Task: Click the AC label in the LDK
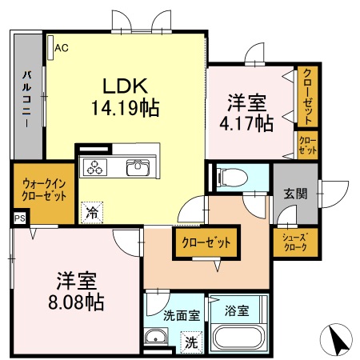[61, 48]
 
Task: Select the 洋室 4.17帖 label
[246, 113]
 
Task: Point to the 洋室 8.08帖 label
[78, 291]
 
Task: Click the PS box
[18, 217]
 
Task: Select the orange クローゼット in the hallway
[206, 242]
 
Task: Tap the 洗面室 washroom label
[182, 315]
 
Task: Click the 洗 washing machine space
[191, 341]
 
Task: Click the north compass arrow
[339, 340]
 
